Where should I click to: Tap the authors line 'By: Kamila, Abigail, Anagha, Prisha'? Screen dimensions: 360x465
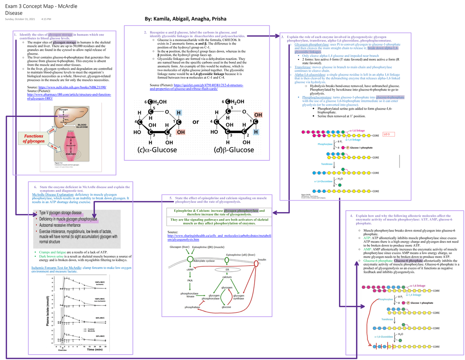pyautogui.click(x=185, y=19)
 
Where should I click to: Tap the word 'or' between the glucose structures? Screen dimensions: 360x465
pyautogui.click(x=196, y=122)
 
